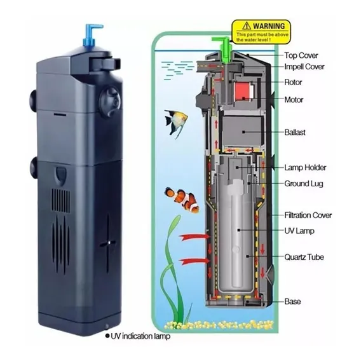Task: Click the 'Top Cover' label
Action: pyautogui.click(x=301, y=55)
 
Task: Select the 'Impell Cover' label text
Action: pyautogui.click(x=304, y=67)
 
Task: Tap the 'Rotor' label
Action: pyautogui.click(x=293, y=82)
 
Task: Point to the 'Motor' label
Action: pyautogui.click(x=294, y=100)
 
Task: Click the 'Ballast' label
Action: pyautogui.click(x=295, y=132)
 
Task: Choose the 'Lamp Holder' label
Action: pyautogui.click(x=305, y=167)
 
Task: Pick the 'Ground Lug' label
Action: pyautogui.click(x=304, y=184)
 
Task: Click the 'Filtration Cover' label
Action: pyautogui.click(x=308, y=215)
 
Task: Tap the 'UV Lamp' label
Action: pyautogui.click(x=299, y=231)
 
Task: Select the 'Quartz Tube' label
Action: pyautogui.click(x=304, y=257)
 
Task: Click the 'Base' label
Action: pyautogui.click(x=292, y=301)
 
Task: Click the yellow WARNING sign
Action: pyautogui.click(x=261, y=32)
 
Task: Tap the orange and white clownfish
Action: pyautogui.click(x=182, y=200)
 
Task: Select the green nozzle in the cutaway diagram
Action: pyautogui.click(x=221, y=49)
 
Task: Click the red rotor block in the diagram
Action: pyautogui.click(x=243, y=90)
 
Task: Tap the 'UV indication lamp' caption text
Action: pyautogui.click(x=140, y=336)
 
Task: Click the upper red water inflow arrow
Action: pyautogui.click(x=194, y=237)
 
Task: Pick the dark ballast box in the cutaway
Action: pyautogui.click(x=243, y=132)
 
